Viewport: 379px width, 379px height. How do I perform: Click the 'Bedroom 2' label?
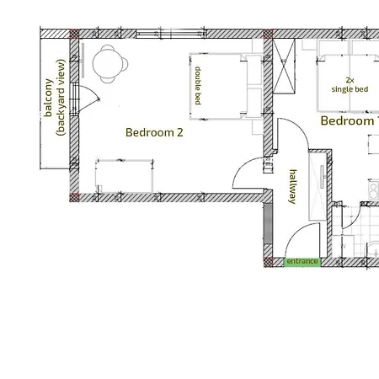(154, 132)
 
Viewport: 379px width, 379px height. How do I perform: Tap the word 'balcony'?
(48, 97)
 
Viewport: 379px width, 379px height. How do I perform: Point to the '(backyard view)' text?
(61, 97)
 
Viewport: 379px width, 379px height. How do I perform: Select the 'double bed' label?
(198, 86)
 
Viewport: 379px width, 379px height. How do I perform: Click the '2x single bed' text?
(350, 84)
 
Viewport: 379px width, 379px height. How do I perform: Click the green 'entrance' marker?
(302, 262)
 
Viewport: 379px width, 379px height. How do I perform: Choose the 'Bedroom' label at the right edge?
(347, 121)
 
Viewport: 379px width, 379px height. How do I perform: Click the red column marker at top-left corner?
(74, 35)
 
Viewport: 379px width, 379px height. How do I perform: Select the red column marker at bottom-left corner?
(74, 197)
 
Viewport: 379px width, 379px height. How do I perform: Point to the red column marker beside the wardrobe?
(269, 35)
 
